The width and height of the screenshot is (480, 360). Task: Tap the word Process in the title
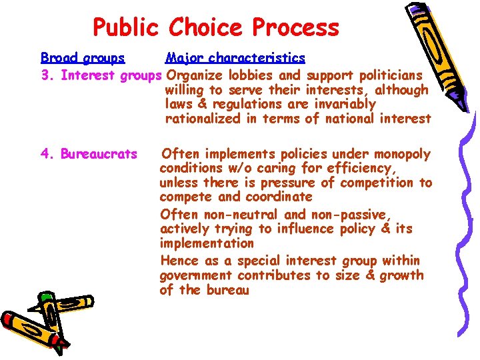[293, 28]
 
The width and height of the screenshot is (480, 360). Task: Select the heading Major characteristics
[235, 58]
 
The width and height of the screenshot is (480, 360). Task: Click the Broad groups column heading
[83, 58]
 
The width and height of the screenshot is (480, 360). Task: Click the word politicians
[394, 75]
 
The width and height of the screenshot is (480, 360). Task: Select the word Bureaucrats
[99, 154]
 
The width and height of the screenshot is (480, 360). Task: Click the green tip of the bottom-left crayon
[45, 296]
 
